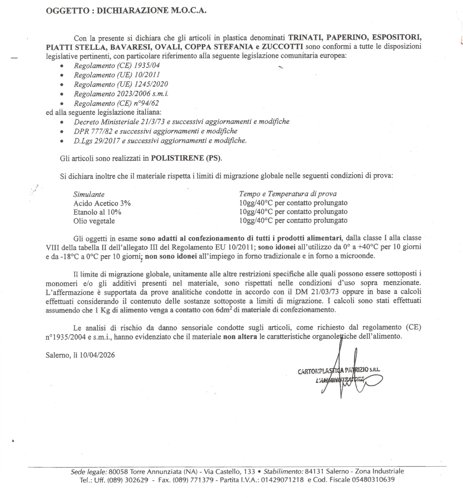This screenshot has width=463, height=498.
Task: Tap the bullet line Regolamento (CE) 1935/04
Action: pyautogui.click(x=117, y=65)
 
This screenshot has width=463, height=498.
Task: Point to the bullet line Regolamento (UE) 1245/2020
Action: pyautogui.click(x=121, y=84)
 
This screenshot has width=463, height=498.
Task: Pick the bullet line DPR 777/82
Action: pyautogui.click(x=155, y=131)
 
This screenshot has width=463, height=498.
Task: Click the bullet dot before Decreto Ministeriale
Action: pyautogui.click(x=62, y=122)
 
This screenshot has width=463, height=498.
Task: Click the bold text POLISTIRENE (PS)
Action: pyautogui.click(x=186, y=158)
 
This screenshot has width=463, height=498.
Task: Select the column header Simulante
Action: pyautogui.click(x=89, y=194)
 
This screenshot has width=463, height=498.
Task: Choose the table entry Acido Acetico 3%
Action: pyautogui.click(x=102, y=203)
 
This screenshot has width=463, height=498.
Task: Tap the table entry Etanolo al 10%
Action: pyautogui.click(x=97, y=212)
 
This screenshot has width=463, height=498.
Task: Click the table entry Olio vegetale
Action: pyautogui.click(x=94, y=221)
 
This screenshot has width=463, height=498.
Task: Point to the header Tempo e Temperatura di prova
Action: pyautogui.click(x=287, y=194)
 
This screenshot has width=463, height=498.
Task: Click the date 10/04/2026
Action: pyautogui.click(x=97, y=355)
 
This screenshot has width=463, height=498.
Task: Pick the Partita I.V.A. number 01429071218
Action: pyautogui.click(x=282, y=480)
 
